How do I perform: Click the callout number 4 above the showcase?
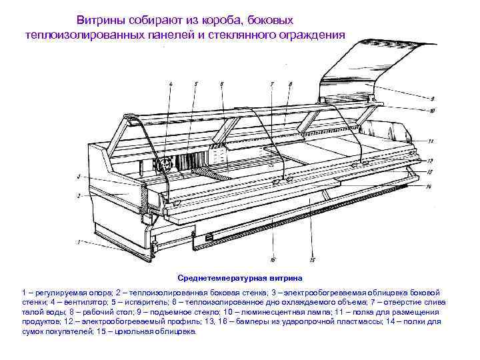click(x=170, y=84)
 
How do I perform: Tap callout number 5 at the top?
click(x=196, y=84)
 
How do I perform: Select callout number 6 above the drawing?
click(x=221, y=84)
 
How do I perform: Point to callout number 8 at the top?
click(x=291, y=84)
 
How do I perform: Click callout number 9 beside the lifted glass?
click(x=432, y=98)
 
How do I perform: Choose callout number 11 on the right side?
click(x=431, y=141)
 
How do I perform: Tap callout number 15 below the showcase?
click(x=312, y=259)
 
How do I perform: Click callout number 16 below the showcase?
click(x=273, y=259)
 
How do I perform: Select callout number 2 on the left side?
click(x=79, y=195)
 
